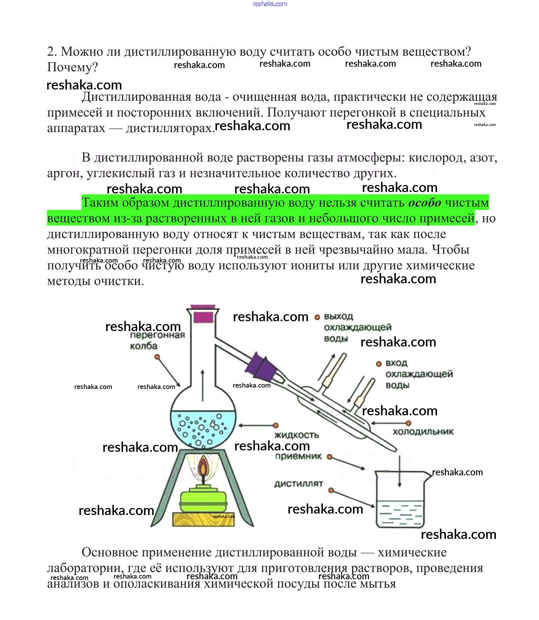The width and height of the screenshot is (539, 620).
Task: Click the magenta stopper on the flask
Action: tap(203, 317)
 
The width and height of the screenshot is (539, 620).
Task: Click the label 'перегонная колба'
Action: tap(157, 341)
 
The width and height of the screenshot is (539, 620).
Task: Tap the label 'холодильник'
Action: tap(423, 432)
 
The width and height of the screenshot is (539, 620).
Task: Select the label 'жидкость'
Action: tap(296, 435)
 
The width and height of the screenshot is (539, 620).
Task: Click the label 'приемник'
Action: tap(298, 456)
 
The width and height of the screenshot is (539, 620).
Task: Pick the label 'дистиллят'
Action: tap(298, 484)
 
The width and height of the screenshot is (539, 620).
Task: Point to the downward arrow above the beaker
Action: tap(399, 470)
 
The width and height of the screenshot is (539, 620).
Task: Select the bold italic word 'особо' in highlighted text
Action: tap(425, 203)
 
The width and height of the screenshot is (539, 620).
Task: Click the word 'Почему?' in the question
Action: tap(72, 67)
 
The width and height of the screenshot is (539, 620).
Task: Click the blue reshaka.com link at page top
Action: tap(270, 4)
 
